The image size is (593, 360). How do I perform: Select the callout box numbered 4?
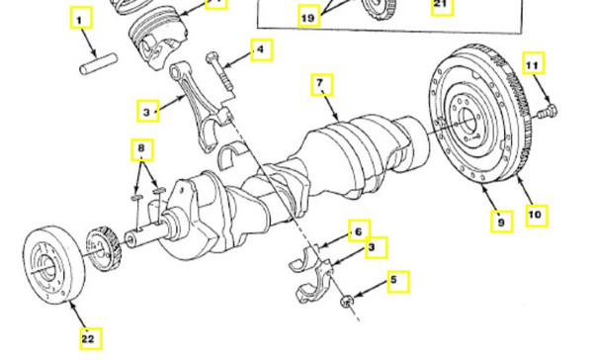(261, 48)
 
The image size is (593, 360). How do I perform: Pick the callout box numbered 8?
(144, 150)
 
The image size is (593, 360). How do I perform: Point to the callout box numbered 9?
(503, 224)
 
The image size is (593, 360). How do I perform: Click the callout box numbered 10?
(537, 213)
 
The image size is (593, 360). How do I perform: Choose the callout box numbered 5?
(396, 282)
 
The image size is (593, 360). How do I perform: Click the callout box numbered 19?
(308, 16)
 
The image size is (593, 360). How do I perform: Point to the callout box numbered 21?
(442, 8)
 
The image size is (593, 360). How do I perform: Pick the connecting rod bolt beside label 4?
(220, 75)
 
